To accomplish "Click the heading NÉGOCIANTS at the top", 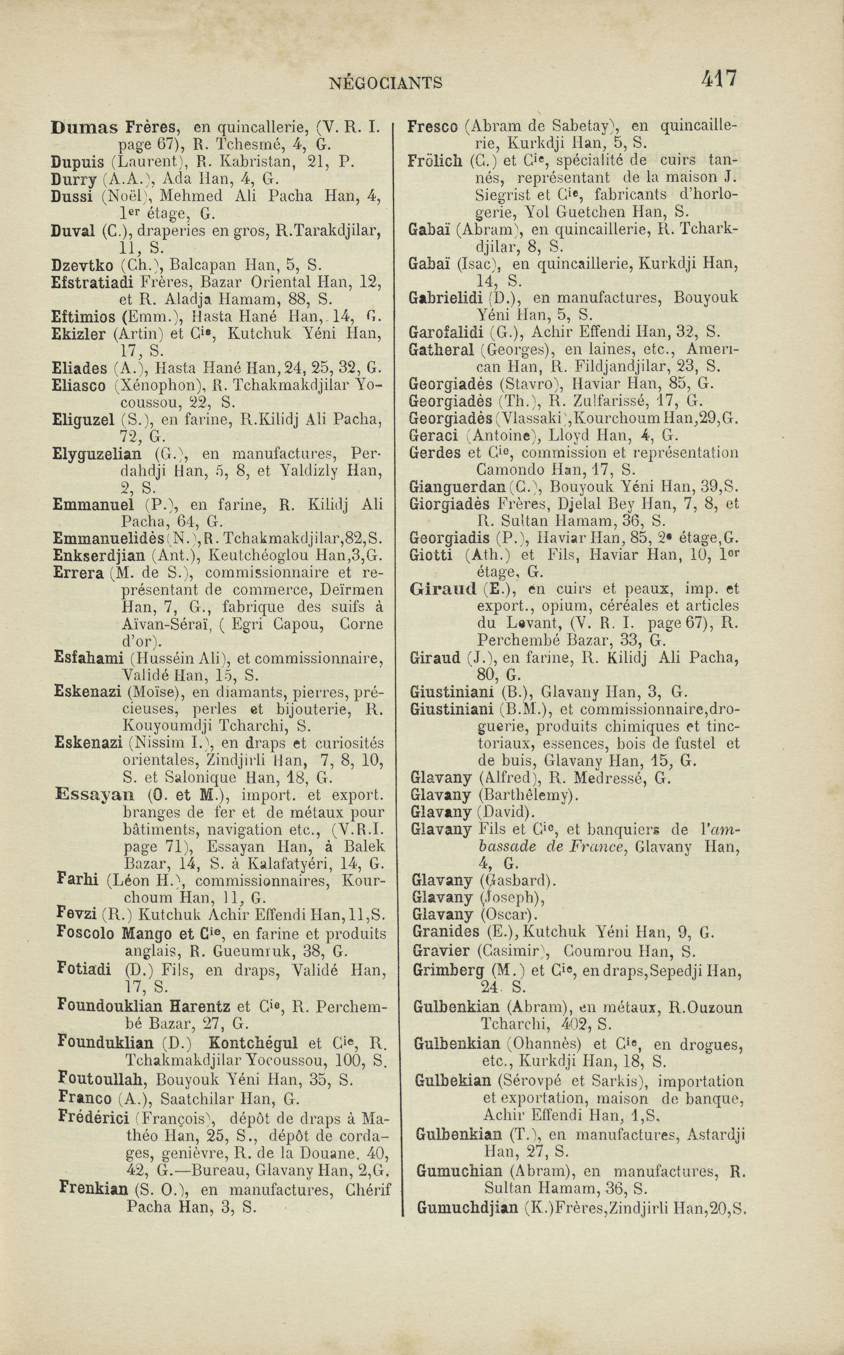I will tap(386, 83).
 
